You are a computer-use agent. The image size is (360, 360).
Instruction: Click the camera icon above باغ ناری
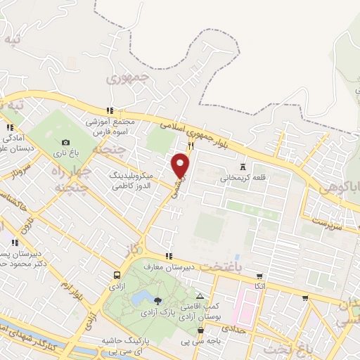66,143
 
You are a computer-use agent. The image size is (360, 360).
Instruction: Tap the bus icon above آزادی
117,275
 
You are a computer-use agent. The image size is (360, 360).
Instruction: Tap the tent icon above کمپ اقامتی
200,296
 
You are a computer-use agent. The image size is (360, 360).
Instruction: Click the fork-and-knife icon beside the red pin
190,145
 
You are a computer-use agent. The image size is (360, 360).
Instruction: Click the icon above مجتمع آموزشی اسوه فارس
109,110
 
